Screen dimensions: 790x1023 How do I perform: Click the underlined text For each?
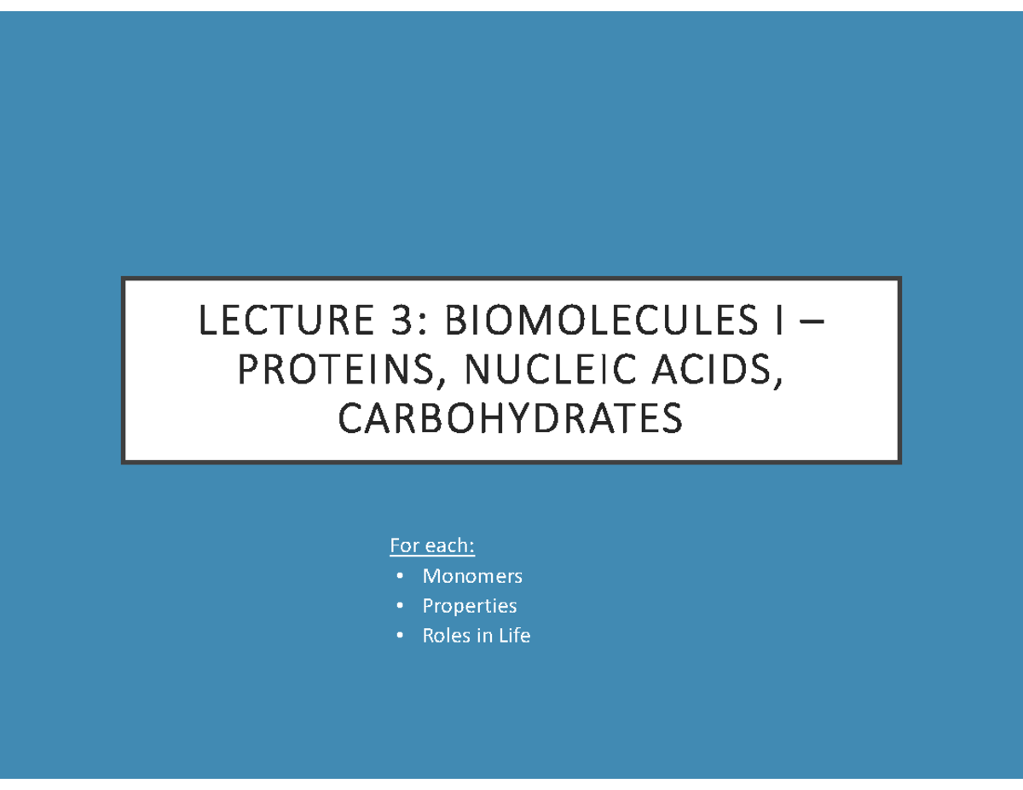pyautogui.click(x=432, y=545)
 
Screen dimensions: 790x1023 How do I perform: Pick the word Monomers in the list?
pyautogui.click(x=472, y=576)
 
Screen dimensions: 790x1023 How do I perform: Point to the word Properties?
pyautogui.click(x=470, y=606)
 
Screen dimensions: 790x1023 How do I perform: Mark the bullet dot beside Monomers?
pyautogui.click(x=399, y=577)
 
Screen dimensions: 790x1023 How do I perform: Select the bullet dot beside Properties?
pyautogui.click(x=399, y=607)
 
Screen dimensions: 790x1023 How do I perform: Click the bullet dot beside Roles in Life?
pyautogui.click(x=399, y=637)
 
